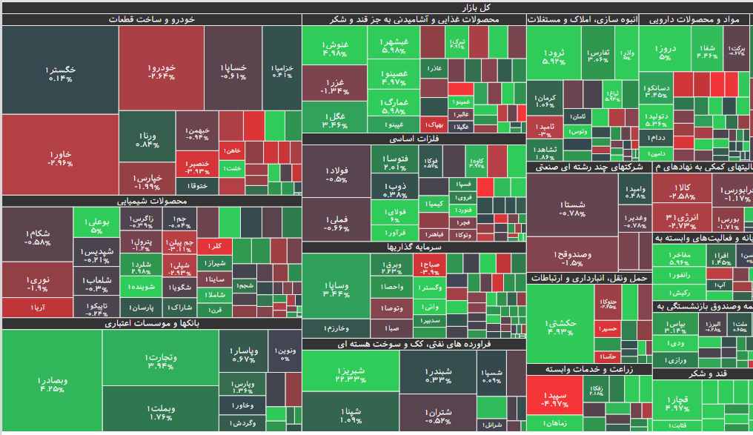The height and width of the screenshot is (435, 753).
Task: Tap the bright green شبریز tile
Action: (350, 374)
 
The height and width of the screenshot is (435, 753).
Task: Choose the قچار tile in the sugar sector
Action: (677, 404)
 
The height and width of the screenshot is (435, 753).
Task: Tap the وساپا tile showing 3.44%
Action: (336, 289)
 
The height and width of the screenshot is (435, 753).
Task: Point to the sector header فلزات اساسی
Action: (414, 139)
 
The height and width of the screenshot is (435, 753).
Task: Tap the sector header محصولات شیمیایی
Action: (152, 201)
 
